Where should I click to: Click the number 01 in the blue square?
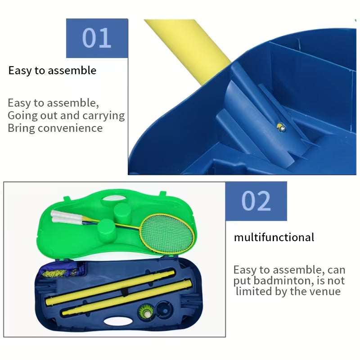click(97, 38)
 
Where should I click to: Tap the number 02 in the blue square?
click(256, 201)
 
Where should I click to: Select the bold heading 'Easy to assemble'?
click(52, 71)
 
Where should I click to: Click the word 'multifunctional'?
click(274, 237)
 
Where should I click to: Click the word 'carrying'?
click(103, 116)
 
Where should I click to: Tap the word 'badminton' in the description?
click(284, 280)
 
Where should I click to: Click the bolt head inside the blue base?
click(281, 127)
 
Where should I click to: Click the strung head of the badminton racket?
click(167, 233)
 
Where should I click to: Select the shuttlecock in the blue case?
click(145, 311)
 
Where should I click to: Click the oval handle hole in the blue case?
click(118, 321)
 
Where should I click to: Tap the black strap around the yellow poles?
click(124, 292)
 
